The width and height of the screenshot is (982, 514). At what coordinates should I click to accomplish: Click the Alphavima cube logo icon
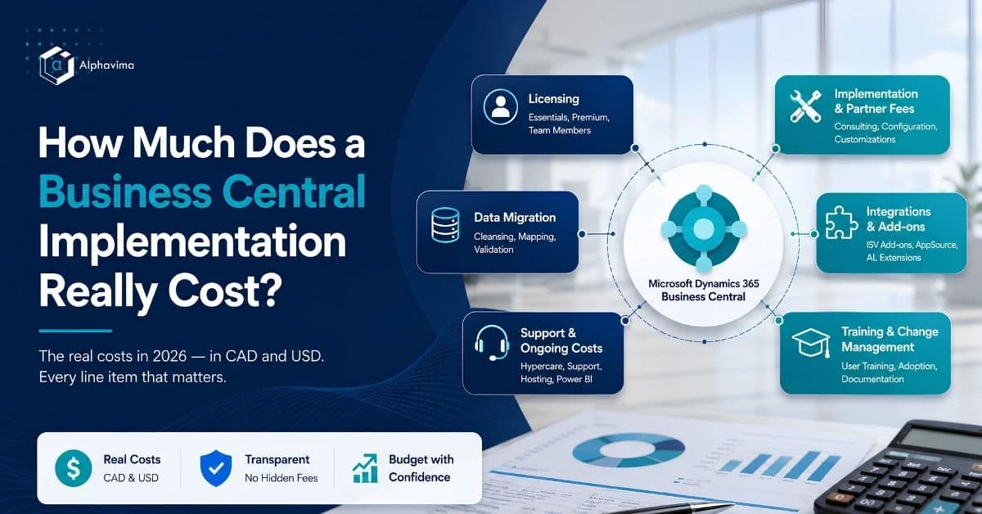[x=56, y=65]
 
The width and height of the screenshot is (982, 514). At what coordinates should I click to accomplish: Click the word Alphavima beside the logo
[x=106, y=65]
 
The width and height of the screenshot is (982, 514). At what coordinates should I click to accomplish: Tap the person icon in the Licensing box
[x=500, y=106]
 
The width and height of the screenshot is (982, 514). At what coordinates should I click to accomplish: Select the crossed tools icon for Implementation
[x=805, y=106]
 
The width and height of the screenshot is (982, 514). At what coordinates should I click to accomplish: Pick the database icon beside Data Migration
[x=445, y=225]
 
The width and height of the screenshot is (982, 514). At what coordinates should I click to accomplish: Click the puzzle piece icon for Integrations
[x=841, y=223]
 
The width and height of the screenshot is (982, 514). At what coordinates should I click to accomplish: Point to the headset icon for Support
[x=492, y=342]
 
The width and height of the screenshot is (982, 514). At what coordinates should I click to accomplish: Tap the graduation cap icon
[x=811, y=343]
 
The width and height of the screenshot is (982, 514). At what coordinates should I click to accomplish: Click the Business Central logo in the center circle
[x=704, y=228]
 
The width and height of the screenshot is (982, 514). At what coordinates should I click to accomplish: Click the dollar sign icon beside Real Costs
[x=73, y=468]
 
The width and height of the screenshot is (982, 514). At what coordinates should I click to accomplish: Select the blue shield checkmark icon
[x=216, y=468]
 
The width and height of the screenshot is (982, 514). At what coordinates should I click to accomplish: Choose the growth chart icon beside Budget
[x=365, y=468]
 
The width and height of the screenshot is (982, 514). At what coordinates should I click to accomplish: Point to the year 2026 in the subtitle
[x=169, y=356]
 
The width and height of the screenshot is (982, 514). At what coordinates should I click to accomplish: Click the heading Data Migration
[x=515, y=218]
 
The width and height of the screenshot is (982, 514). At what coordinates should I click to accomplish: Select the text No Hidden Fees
[x=282, y=478]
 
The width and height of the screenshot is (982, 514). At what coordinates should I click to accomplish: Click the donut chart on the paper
[x=628, y=450]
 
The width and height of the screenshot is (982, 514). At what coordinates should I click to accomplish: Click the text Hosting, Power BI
[x=556, y=379]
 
